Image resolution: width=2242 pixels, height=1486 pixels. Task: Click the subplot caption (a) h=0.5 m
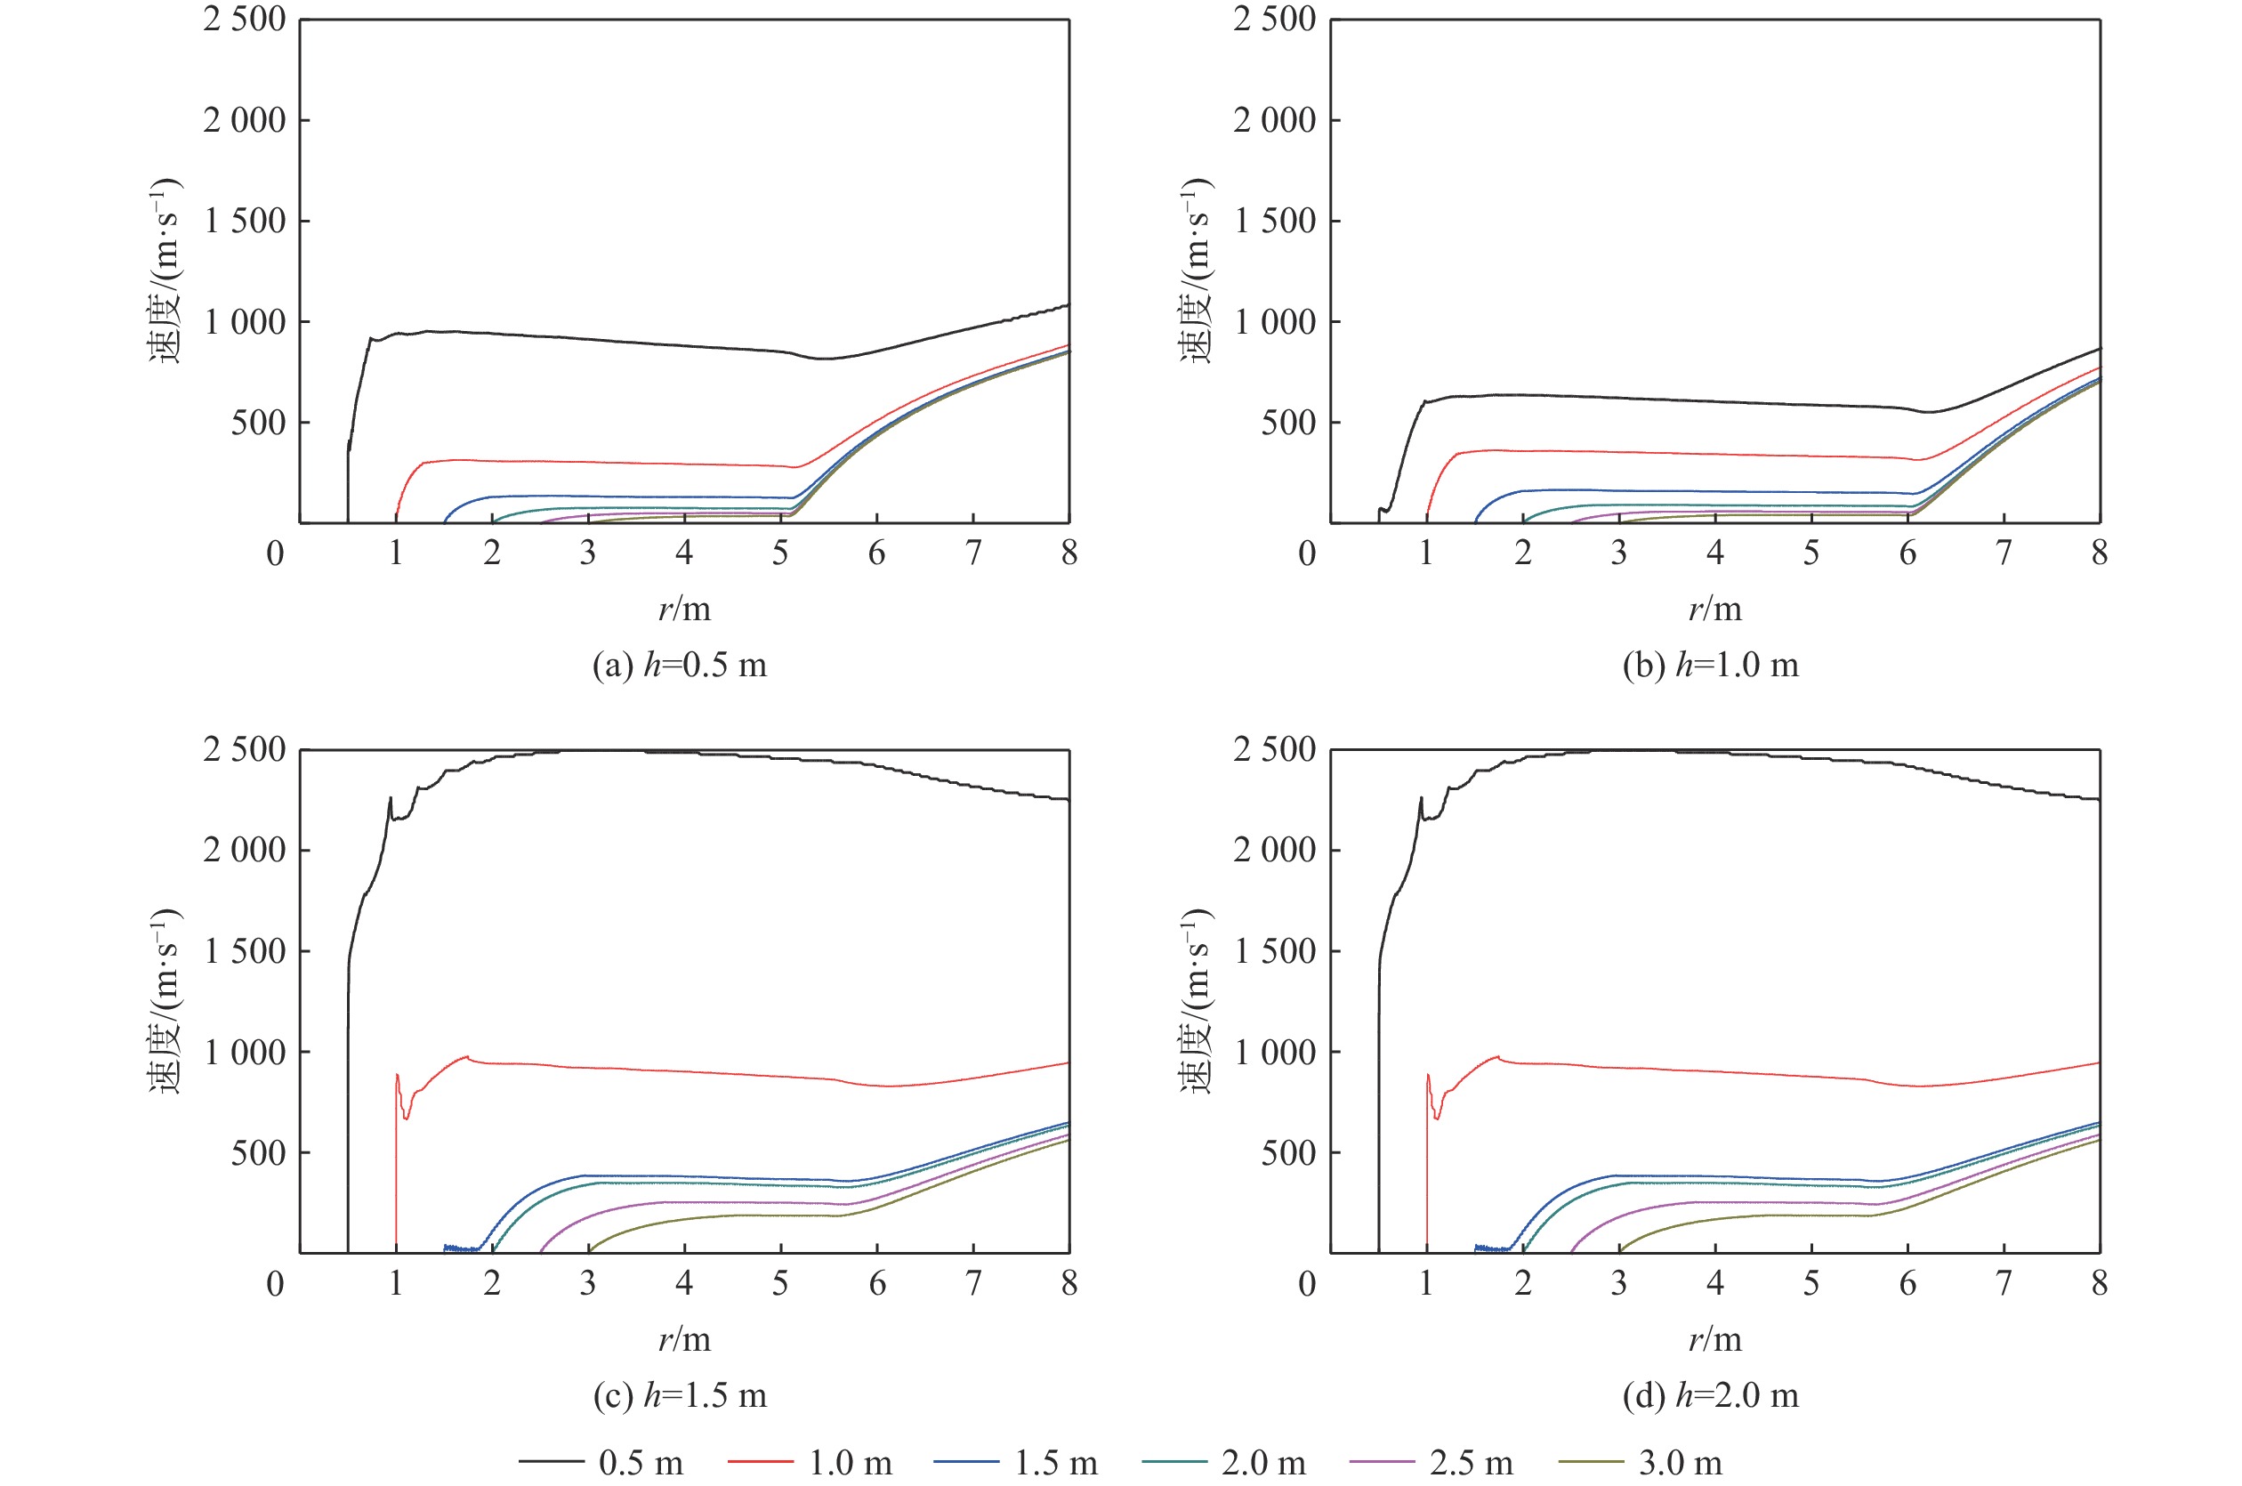point(680,666)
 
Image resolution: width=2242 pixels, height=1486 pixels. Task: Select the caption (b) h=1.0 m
point(1710,666)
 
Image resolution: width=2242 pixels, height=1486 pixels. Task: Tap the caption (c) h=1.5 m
point(680,1395)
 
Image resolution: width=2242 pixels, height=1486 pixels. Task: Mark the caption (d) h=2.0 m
point(1710,1395)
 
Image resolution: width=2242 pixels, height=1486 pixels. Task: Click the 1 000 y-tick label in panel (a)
point(245,322)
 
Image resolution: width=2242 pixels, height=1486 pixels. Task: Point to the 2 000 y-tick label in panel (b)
point(1275,120)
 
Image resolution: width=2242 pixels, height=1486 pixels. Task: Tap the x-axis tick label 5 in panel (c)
point(780,1283)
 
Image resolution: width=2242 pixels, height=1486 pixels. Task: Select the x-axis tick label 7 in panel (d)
point(2004,1283)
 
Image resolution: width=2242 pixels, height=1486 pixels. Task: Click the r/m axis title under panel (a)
point(684,609)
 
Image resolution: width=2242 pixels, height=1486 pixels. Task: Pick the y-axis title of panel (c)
point(165,1002)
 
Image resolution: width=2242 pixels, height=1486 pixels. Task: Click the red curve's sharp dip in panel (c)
point(407,1119)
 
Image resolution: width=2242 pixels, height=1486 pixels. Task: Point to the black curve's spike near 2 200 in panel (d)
point(1421,798)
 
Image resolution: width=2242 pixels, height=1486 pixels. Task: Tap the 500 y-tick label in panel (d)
point(1287,1153)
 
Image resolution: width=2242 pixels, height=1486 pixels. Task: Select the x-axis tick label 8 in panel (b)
point(2100,553)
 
